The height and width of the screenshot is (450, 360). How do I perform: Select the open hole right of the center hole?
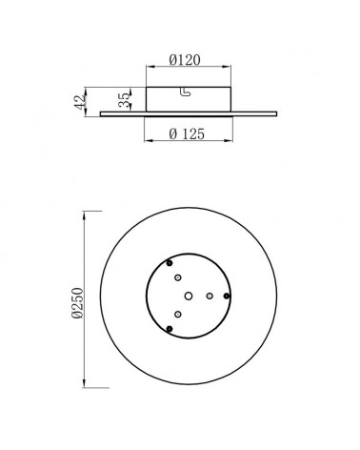pos(210,296)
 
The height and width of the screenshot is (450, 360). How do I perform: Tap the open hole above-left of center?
pos(177,276)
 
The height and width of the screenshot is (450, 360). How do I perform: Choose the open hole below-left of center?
pos(177,314)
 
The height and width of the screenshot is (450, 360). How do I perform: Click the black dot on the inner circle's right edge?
pos(226,296)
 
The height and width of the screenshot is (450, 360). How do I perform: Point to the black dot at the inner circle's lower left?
pos(169,329)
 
